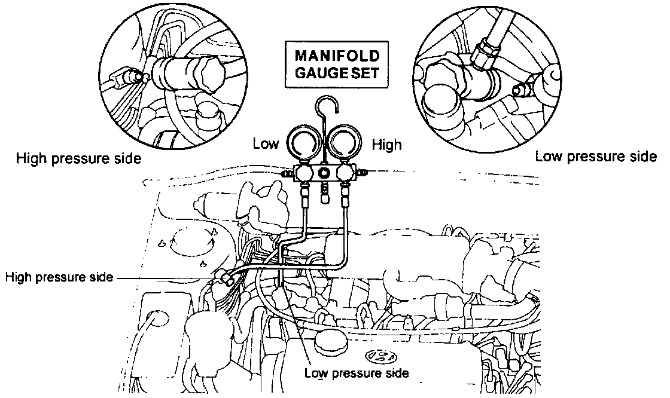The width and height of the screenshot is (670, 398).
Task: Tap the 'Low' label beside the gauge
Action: [265, 144]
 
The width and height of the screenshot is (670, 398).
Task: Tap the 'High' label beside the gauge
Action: [387, 144]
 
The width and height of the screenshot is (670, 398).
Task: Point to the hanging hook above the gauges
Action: [329, 108]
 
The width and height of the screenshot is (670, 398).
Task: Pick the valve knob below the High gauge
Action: [346, 173]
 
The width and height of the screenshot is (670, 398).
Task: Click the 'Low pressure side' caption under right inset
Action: [596, 157]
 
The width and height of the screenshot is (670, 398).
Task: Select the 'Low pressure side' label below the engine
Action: [357, 373]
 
